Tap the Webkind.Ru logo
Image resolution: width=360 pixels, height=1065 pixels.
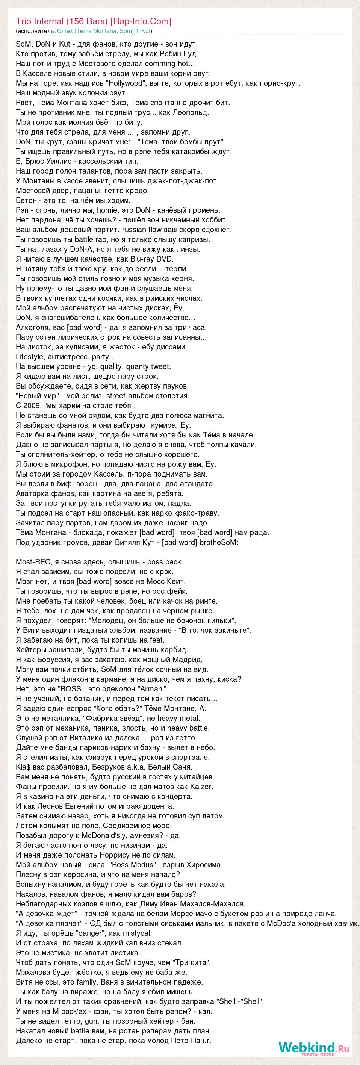pos(314,1048)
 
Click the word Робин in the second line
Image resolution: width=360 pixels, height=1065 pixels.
pos(165,54)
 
